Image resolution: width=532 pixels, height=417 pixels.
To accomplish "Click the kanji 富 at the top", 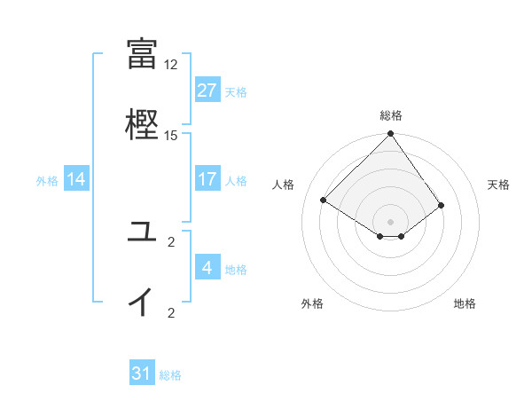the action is [x=142, y=52].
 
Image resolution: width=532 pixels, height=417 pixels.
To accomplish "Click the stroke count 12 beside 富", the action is [x=171, y=65].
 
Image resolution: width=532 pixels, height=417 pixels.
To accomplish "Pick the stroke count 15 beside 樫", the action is [x=171, y=135].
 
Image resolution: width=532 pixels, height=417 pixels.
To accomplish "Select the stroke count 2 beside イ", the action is [x=171, y=312].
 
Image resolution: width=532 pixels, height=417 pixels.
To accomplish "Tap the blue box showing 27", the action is [x=207, y=90].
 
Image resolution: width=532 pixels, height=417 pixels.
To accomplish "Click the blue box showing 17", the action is [x=207, y=179].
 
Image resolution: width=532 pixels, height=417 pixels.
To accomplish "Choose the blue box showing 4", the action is [x=207, y=268].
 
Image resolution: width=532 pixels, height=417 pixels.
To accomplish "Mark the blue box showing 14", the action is [x=76, y=179].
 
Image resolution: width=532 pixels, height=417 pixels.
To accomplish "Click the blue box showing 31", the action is [x=142, y=374].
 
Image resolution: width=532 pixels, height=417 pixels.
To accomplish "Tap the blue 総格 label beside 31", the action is [x=170, y=375].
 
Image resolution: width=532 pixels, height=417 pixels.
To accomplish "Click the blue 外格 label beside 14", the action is [x=47, y=181].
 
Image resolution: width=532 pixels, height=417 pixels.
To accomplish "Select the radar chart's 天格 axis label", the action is [x=499, y=185].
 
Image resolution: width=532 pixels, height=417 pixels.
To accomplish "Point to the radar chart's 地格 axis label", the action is [x=465, y=303].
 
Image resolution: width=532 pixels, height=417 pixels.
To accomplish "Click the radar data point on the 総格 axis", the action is [x=390, y=135].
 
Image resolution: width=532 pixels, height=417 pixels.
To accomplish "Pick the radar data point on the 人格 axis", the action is [x=324, y=201].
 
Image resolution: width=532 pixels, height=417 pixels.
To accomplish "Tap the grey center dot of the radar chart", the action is [x=390, y=221].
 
